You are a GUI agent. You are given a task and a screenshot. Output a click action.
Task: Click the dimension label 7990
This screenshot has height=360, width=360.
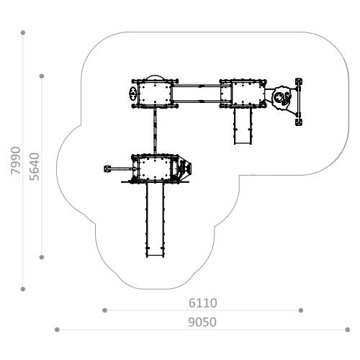click(x=16, y=160)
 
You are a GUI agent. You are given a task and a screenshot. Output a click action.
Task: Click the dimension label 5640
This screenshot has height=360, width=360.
click(x=35, y=166)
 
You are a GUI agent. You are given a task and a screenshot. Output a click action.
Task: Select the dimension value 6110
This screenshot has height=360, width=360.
click(x=203, y=303)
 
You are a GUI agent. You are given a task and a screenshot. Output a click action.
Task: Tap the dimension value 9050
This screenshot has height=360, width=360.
click(x=202, y=322)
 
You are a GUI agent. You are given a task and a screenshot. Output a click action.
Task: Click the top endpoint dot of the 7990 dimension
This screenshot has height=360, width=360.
click(x=23, y=32)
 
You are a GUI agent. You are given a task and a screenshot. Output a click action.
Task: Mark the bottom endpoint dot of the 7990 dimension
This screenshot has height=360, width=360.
click(x=23, y=289)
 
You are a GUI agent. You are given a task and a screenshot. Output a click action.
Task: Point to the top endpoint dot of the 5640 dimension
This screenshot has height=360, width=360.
click(x=42, y=76)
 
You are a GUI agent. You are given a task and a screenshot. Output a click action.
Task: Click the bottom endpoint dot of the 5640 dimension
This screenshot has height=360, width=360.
click(x=42, y=257)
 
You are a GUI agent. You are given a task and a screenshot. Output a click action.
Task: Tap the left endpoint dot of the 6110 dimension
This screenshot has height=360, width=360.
click(x=104, y=310)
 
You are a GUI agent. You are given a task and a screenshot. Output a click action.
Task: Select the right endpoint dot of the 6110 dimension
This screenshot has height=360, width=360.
click(x=301, y=310)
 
